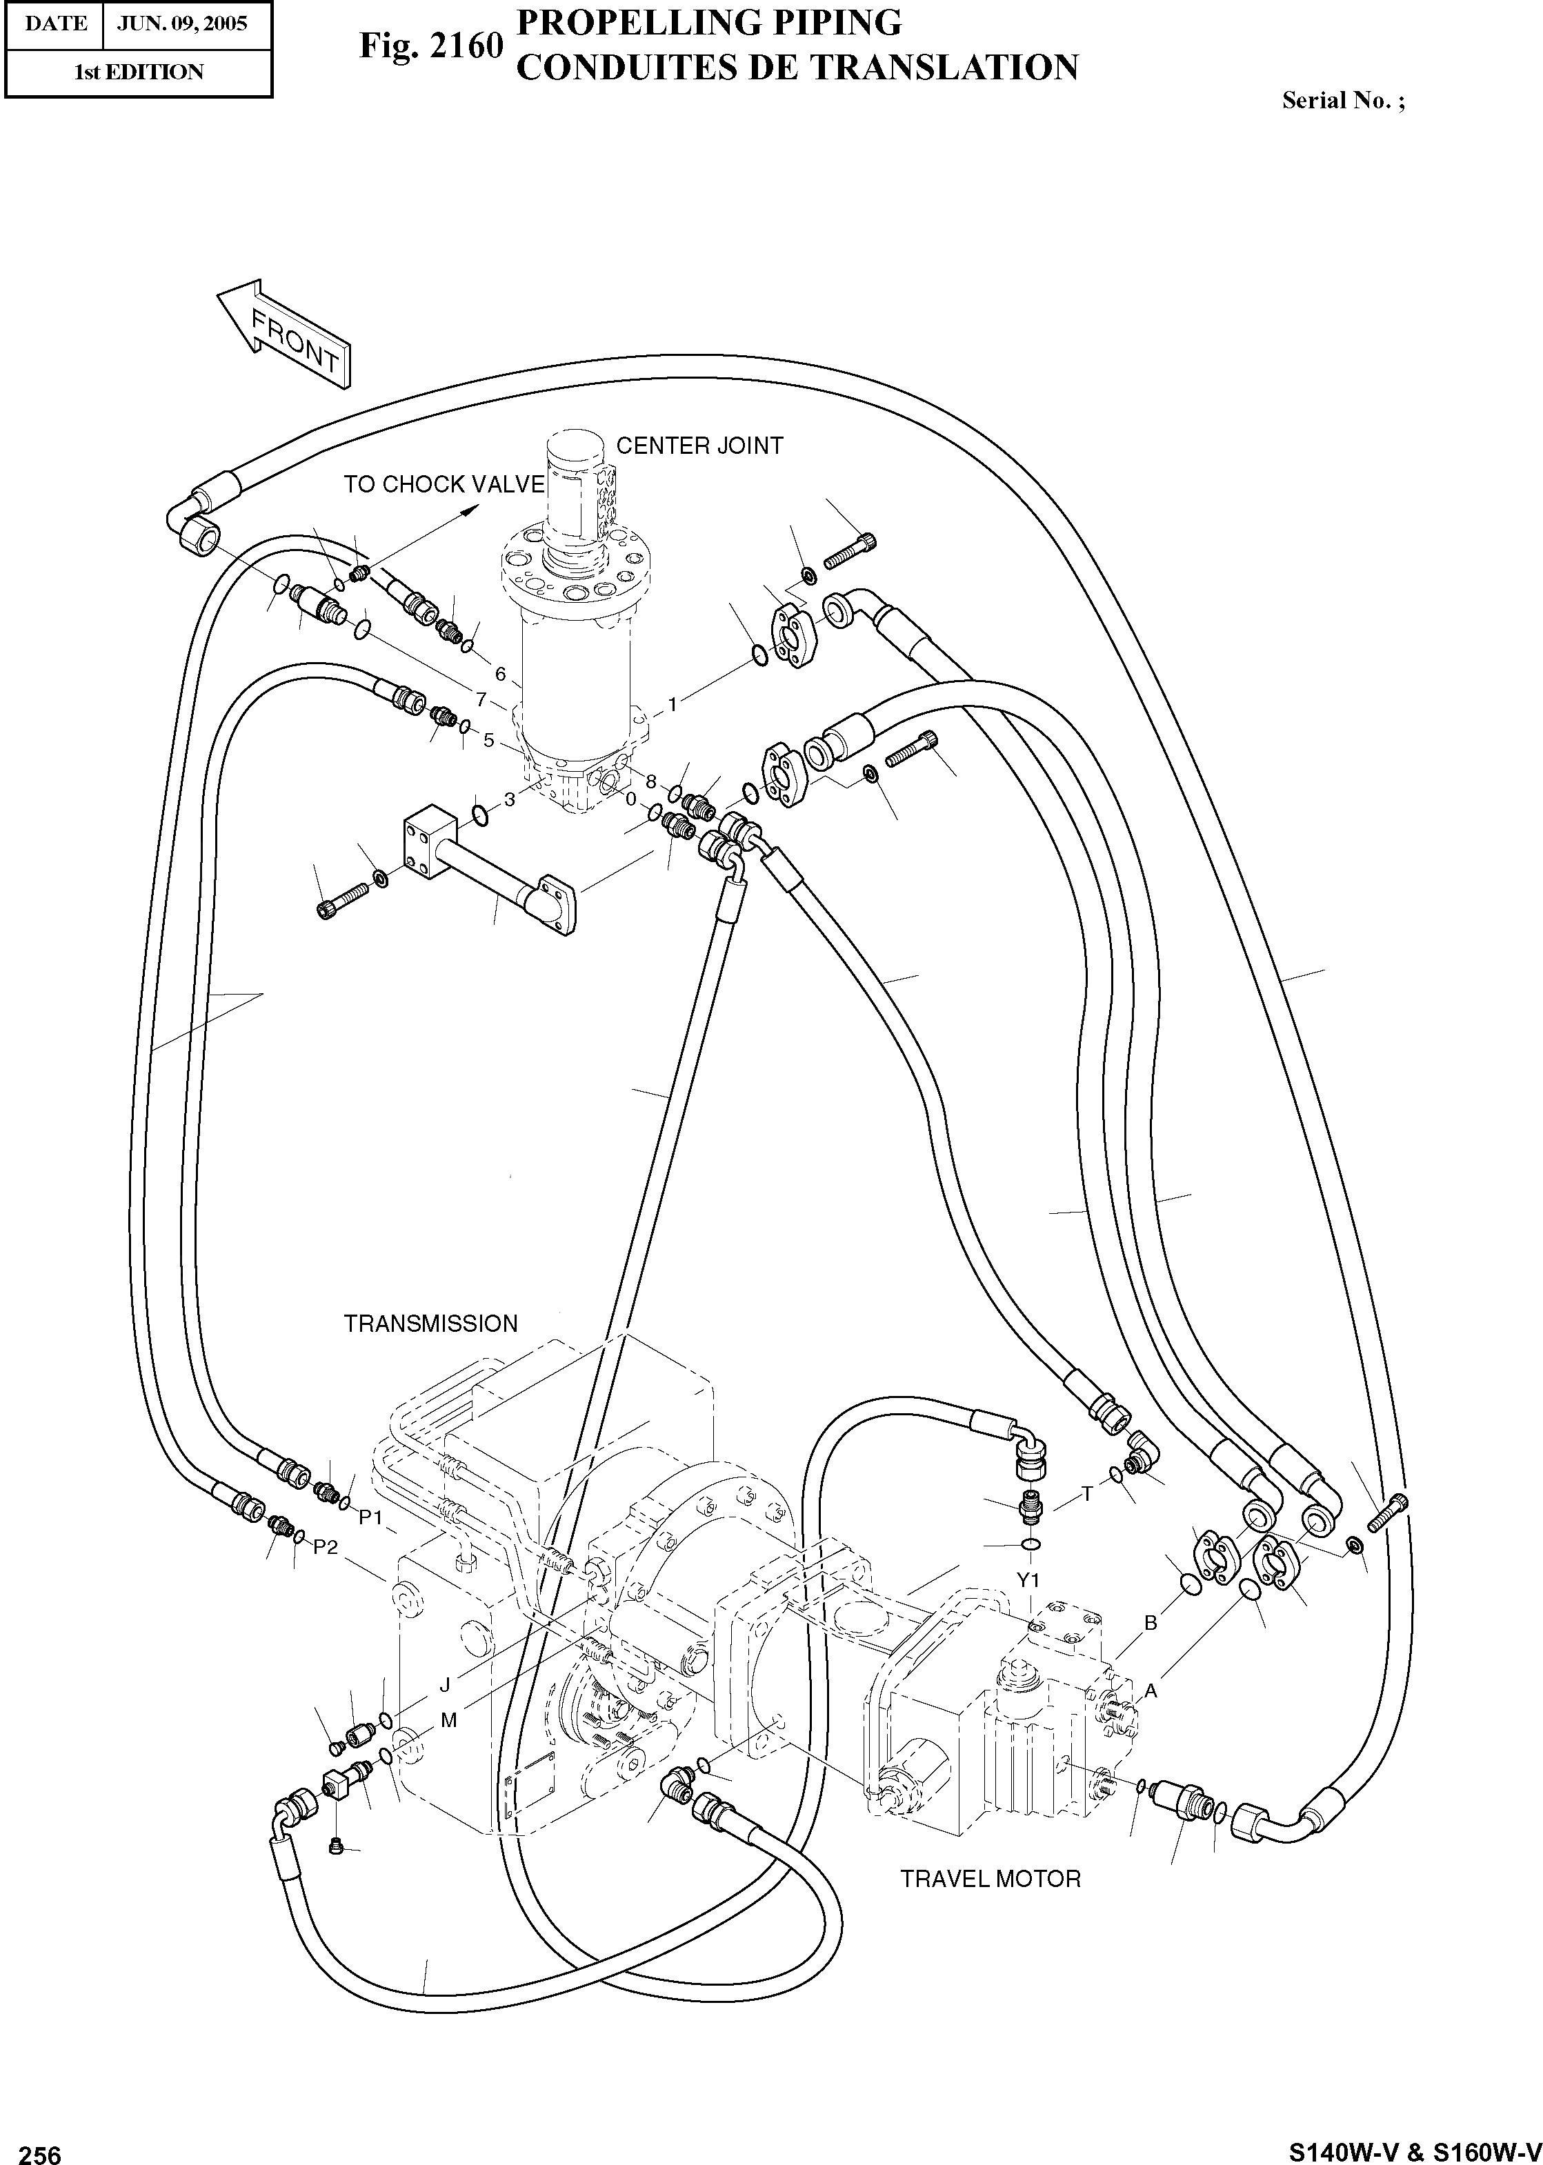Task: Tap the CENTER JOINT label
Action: (699, 446)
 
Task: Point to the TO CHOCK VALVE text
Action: (444, 484)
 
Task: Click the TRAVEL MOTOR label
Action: (990, 1878)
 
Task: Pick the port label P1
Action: (370, 1517)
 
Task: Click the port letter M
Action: (448, 1719)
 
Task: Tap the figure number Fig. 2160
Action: (430, 45)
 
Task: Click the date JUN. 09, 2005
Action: (181, 23)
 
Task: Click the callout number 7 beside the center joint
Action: (481, 700)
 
